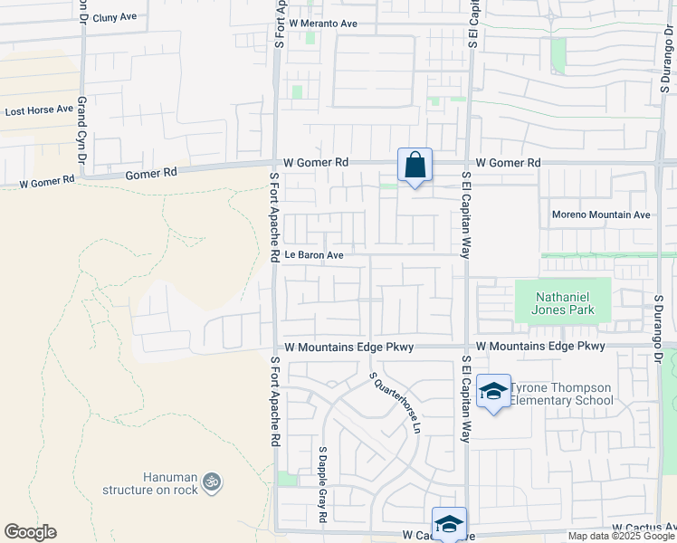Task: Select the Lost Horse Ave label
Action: [39, 110]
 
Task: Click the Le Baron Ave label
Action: [314, 255]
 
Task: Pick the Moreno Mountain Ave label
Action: [602, 215]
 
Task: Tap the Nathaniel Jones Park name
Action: [562, 303]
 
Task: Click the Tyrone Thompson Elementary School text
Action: [561, 394]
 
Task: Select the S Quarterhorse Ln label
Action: [396, 402]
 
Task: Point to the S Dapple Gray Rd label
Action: [322, 484]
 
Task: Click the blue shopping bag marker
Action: [415, 166]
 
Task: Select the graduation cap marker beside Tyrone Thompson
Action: [493, 391]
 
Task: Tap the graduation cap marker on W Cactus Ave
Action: [449, 523]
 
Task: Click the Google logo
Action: [30, 532]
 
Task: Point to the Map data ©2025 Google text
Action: [621, 536]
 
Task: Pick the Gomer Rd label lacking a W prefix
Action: [151, 173]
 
